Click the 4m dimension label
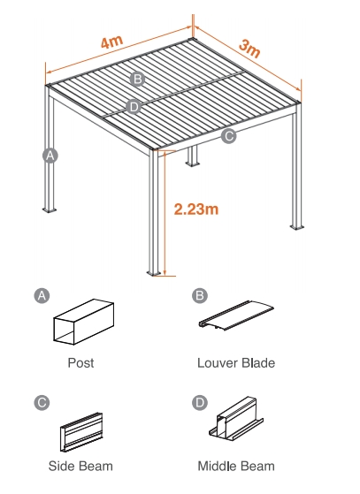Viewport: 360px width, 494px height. [112, 42]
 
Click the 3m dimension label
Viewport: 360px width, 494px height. [249, 49]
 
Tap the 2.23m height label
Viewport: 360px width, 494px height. [196, 209]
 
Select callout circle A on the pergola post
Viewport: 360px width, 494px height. [50, 156]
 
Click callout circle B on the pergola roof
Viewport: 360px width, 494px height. [137, 79]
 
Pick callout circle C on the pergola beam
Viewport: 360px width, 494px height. [228, 136]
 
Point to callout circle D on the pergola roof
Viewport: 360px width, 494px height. [134, 107]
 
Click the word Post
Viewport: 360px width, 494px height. [80, 363]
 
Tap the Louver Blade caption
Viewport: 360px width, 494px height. [236, 363]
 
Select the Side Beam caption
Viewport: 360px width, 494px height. [80, 466]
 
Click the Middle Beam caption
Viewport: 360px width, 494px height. [236, 466]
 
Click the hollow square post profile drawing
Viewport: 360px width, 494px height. [83, 322]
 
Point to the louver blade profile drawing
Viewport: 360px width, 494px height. [236, 315]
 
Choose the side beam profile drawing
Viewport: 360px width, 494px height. [81, 432]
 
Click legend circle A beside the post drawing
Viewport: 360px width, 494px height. [42, 295]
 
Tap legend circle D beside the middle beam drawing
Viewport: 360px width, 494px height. [200, 402]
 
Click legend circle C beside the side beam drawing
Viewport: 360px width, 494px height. [42, 402]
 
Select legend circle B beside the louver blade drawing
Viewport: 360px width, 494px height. [200, 295]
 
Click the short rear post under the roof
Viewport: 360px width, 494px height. [192, 156]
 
